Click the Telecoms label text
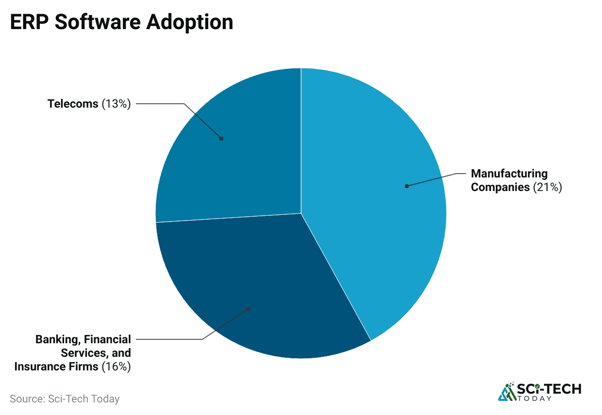[x=73, y=104]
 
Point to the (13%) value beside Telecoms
[x=117, y=104]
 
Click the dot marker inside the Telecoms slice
[x=221, y=139]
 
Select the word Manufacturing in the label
[x=509, y=174]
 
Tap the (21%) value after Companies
[x=547, y=187]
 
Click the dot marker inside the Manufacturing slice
[x=407, y=186]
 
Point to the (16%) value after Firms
[x=117, y=367]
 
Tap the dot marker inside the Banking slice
[x=249, y=308]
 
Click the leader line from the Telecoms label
[x=160, y=104]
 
